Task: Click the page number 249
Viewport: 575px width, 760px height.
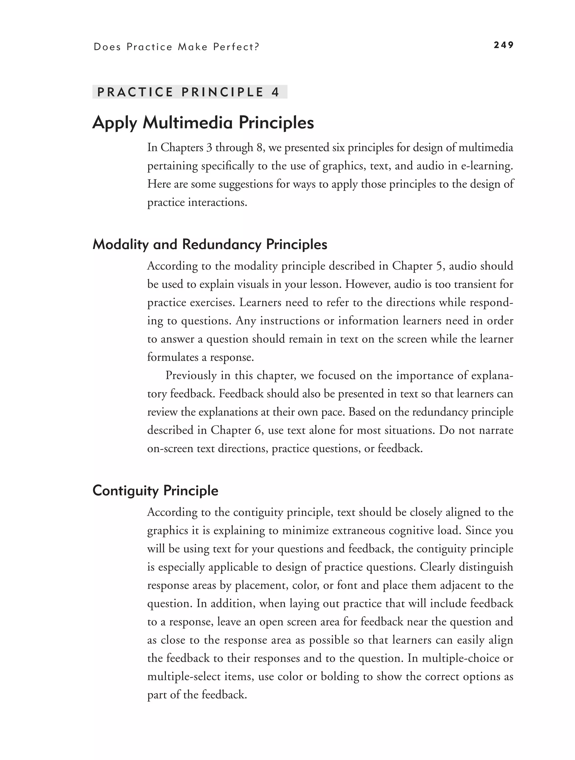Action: (x=503, y=45)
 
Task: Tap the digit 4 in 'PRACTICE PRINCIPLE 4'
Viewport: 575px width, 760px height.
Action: (x=275, y=92)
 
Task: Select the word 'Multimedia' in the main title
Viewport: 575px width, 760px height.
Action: (x=188, y=123)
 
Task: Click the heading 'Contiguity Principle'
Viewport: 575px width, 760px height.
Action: (x=155, y=490)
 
